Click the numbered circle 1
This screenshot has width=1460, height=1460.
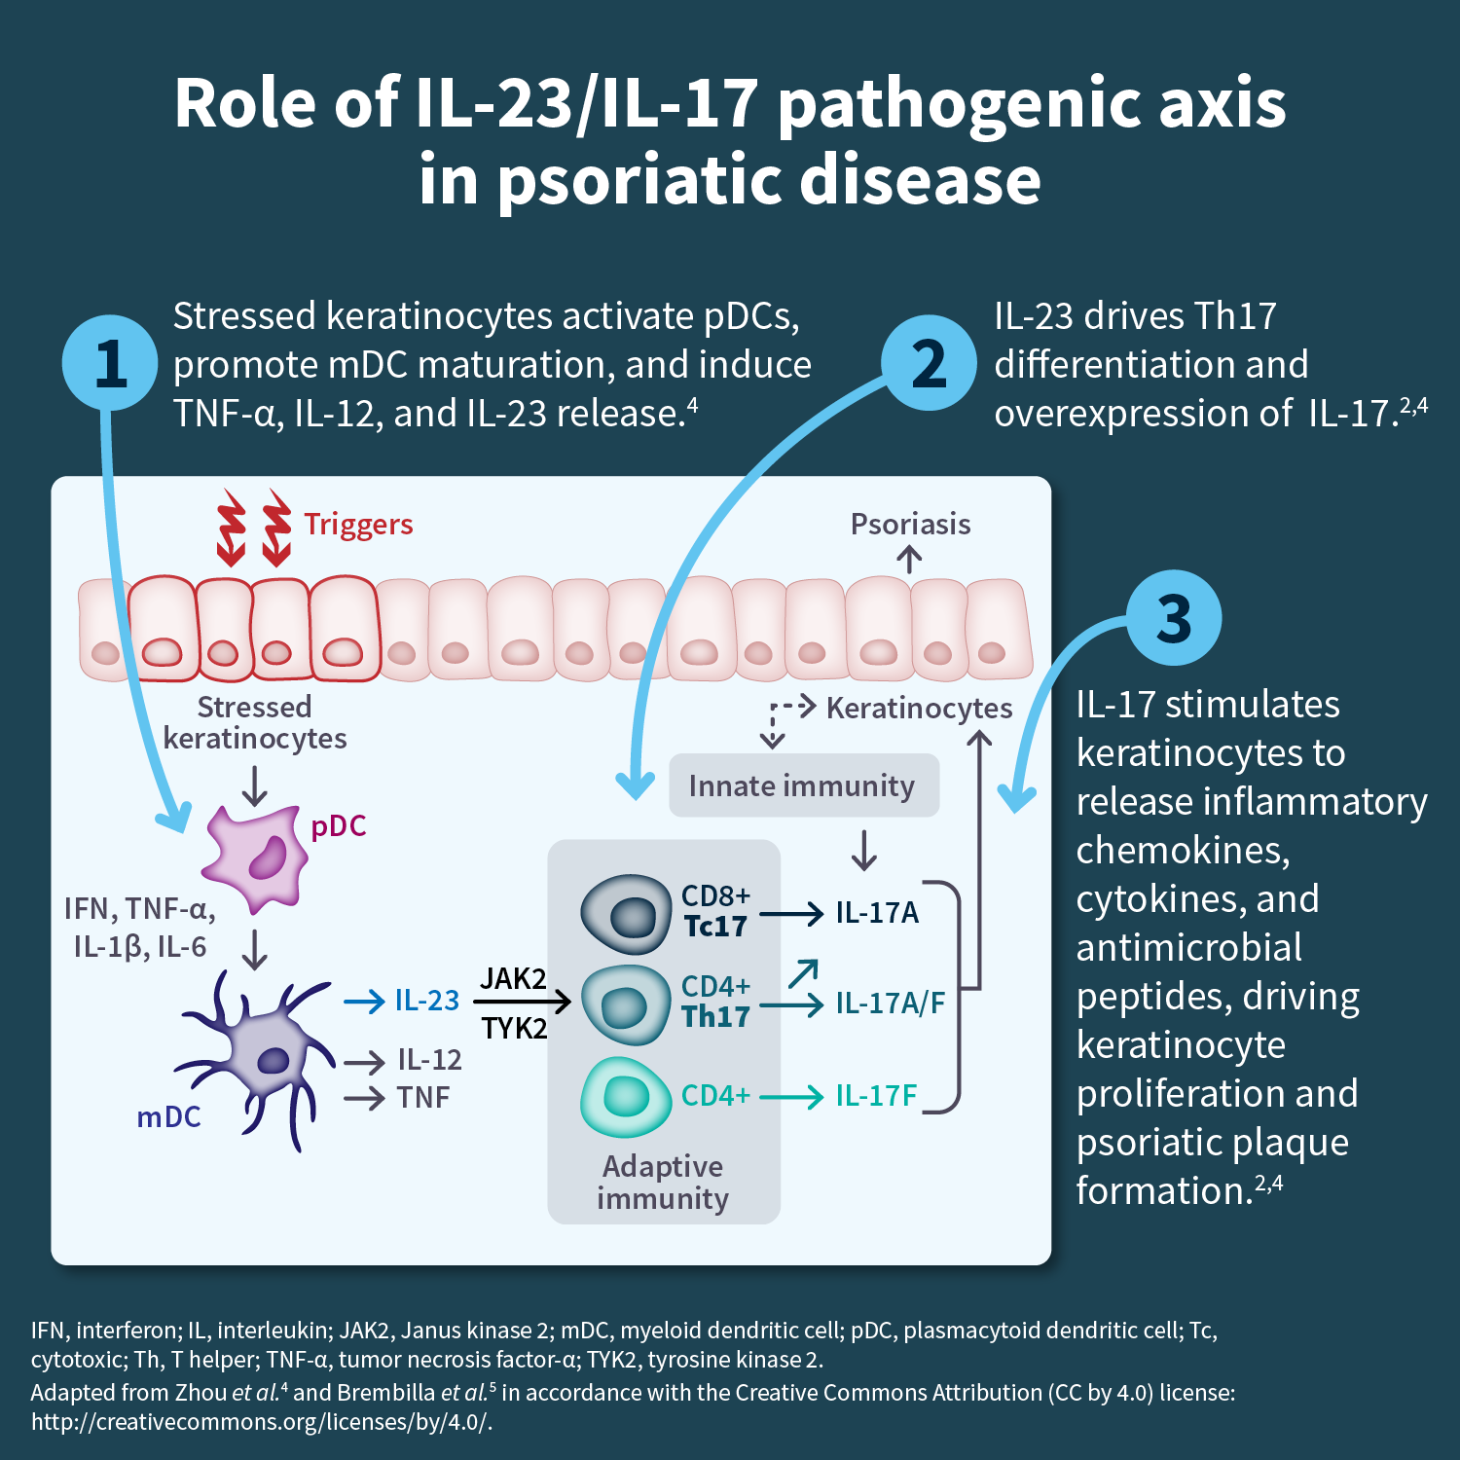110,363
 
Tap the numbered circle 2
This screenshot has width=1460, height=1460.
929,363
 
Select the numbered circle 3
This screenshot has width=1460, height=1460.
1173,618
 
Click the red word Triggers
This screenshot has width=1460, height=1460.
358,525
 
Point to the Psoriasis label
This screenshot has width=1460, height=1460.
910,525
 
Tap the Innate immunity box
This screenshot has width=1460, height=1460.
803,785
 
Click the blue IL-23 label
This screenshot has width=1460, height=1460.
426,1001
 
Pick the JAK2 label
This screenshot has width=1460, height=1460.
513,978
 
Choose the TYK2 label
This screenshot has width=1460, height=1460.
514,1028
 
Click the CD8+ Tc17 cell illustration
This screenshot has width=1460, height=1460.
626,913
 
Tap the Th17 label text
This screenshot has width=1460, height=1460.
715,1017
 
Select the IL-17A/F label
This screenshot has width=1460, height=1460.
890,1003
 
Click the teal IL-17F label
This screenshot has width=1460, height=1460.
876,1096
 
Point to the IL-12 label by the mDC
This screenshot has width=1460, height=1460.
429,1060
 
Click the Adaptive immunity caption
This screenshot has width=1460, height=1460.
663,1182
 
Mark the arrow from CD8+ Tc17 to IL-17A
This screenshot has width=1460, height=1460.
790,914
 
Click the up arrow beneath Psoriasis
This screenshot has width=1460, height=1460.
909,559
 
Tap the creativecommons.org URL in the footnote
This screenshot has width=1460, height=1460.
262,1422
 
